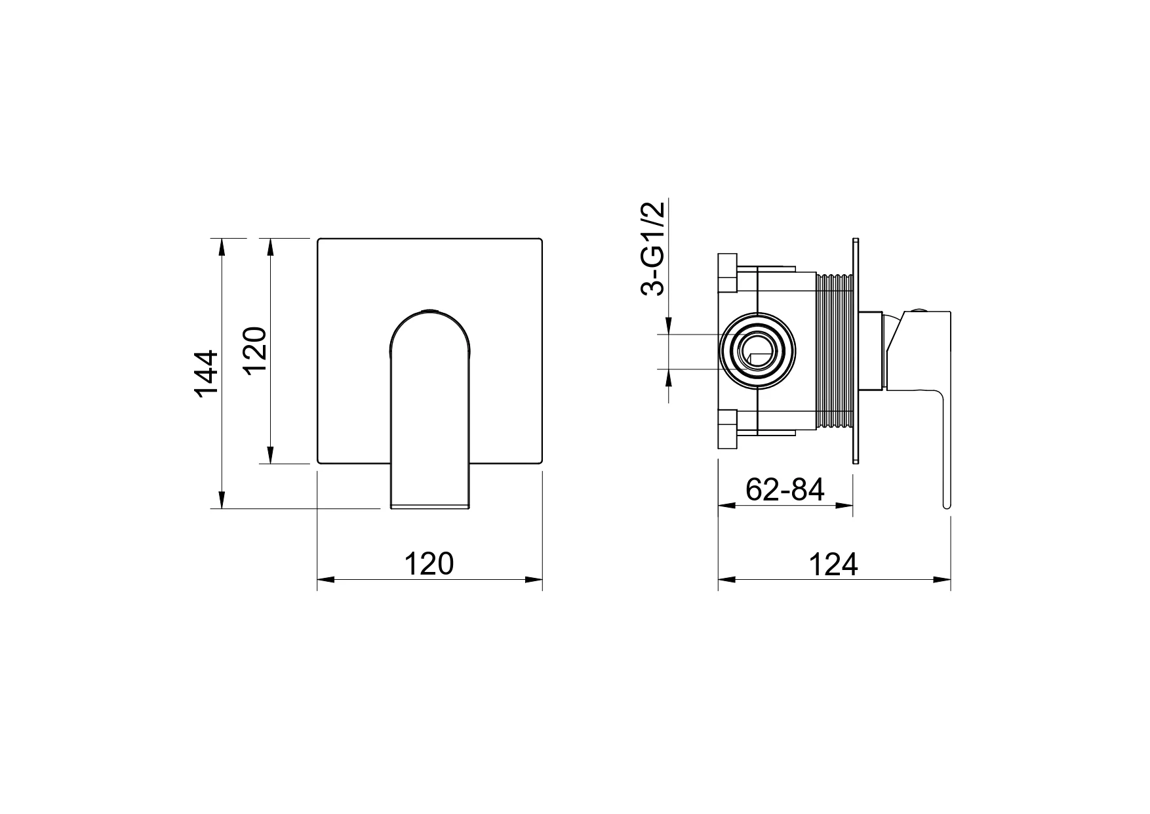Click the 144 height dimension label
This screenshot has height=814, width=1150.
pyautogui.click(x=206, y=373)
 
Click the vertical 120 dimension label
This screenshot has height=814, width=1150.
pyautogui.click(x=256, y=350)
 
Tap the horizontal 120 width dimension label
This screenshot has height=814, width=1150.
pyautogui.click(x=429, y=563)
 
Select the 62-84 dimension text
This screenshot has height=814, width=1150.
pyautogui.click(x=785, y=489)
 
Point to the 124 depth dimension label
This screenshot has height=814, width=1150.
pyautogui.click(x=833, y=564)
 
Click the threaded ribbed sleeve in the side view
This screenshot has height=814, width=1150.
pyautogui.click(x=835, y=353)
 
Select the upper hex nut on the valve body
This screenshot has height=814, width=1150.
pyautogui.click(x=728, y=273)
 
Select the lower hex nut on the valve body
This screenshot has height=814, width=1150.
pyautogui.click(x=728, y=429)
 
